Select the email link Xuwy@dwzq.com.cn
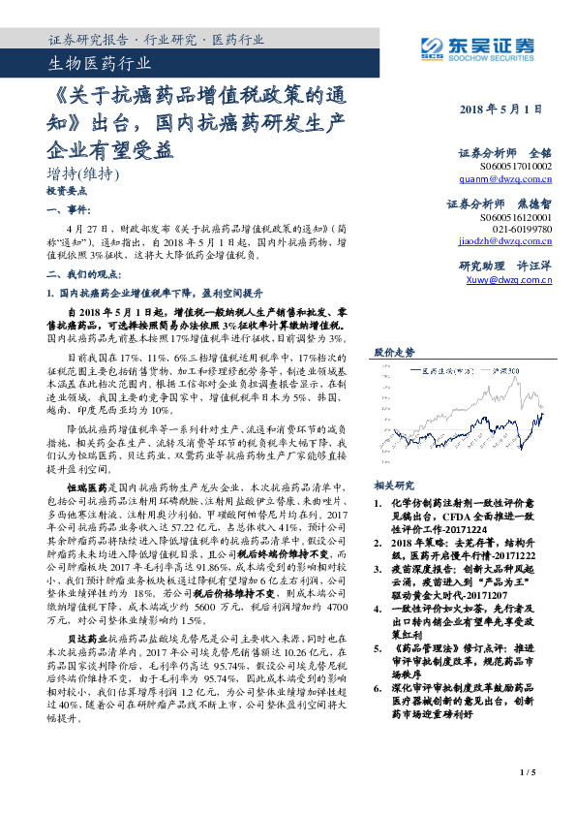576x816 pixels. tap(508, 281)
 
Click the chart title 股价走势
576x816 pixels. tap(394, 352)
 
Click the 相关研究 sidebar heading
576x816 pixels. tap(394, 486)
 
